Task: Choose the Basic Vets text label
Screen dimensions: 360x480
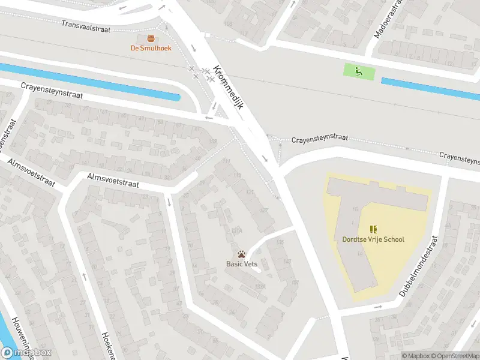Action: pos(242,264)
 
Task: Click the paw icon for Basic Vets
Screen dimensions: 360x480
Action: pos(241,254)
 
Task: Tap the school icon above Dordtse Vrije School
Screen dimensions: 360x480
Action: pos(373,229)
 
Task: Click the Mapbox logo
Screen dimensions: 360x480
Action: pos(26,352)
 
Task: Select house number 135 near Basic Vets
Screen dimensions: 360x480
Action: pos(280,242)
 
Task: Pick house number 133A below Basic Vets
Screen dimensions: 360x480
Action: pos(260,287)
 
